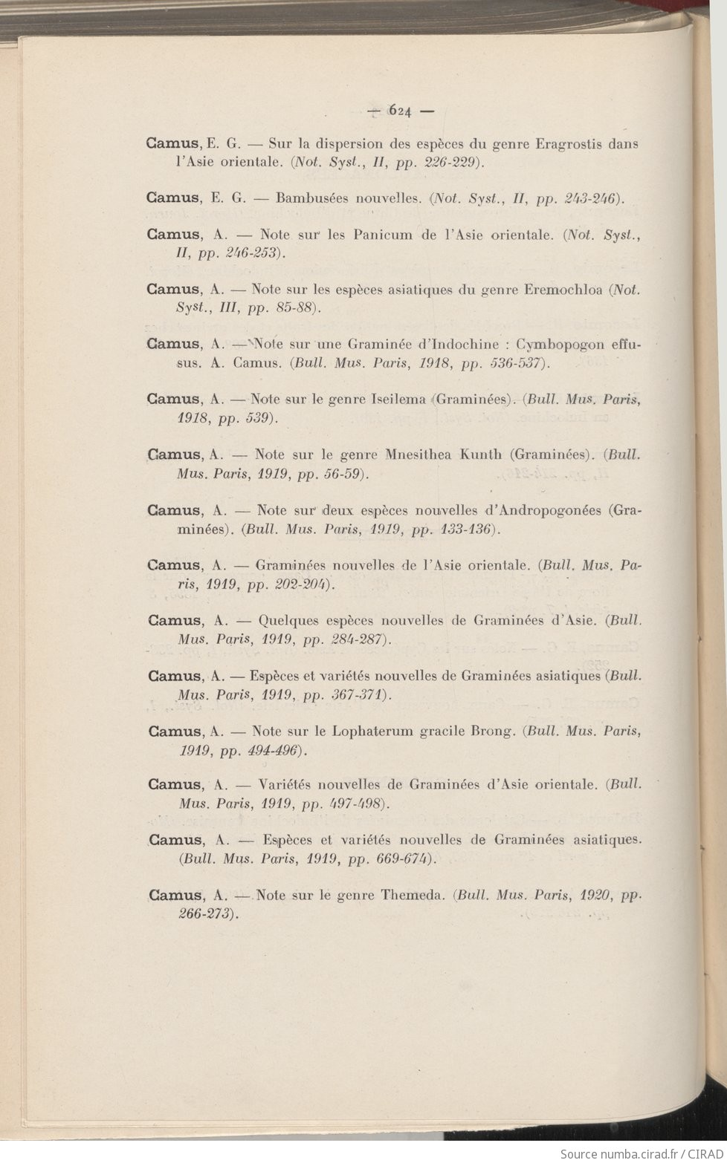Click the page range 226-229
tap(443, 162)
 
